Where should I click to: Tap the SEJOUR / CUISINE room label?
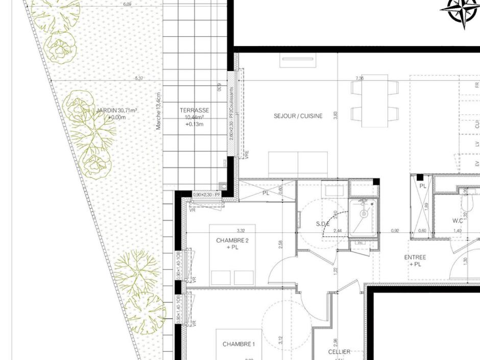pyautogui.click(x=298, y=116)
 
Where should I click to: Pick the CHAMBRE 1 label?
pyautogui.click(x=237, y=344)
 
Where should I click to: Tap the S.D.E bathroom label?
pyautogui.click(x=323, y=224)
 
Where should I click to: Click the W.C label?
pyautogui.click(x=458, y=221)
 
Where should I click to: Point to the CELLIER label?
pyautogui.click(x=339, y=352)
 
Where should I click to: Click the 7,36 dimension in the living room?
pyautogui.click(x=359, y=78)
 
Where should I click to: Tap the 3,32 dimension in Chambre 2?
pyautogui.click(x=241, y=231)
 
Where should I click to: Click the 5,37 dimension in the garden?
pyautogui.click(x=139, y=79)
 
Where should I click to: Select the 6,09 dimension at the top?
pyautogui.click(x=127, y=4)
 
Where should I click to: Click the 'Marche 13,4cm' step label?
pyautogui.click(x=159, y=110)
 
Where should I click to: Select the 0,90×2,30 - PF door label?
pyautogui.click(x=206, y=195)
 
